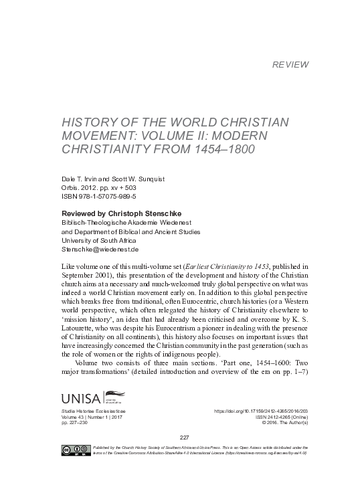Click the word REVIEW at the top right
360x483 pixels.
pyautogui.click(x=291, y=65)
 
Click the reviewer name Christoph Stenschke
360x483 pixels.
pyautogui.click(x=143, y=213)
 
